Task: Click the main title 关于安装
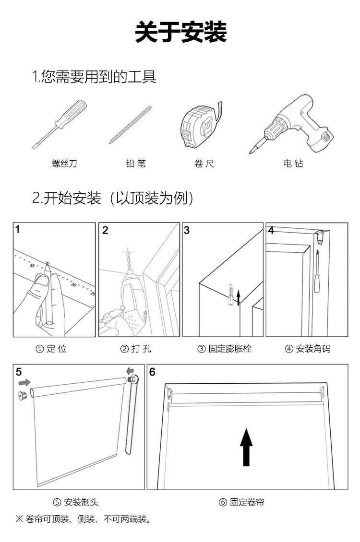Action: coord(180,33)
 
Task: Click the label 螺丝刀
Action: coord(64,164)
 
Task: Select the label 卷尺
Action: coord(204,164)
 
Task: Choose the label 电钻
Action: coord(293,164)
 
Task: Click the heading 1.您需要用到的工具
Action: coord(94,77)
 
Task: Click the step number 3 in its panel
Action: coord(187,230)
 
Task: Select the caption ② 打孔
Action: coord(136,349)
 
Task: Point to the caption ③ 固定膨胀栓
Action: coord(224,349)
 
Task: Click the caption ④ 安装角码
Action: coord(307,349)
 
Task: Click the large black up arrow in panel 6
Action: coord(246,447)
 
